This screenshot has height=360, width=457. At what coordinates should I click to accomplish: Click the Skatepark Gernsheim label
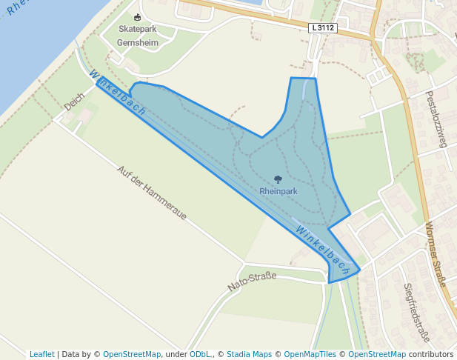(x=138, y=36)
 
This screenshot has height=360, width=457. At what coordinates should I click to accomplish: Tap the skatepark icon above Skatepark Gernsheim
(x=137, y=17)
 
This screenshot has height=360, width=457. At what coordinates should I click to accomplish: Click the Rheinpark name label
(x=278, y=190)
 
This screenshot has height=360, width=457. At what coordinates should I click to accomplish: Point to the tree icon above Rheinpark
(x=278, y=179)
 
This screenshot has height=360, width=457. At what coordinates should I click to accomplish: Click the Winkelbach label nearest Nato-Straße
(x=323, y=250)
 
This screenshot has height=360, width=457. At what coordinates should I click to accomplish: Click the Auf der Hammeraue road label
(x=152, y=193)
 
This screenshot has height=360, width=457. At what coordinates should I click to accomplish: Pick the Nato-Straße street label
(x=252, y=281)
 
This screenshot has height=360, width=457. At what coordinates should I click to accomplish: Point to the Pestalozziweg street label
(x=436, y=119)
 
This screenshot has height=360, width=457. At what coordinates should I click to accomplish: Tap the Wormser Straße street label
(x=436, y=255)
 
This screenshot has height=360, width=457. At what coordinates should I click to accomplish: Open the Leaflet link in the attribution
(x=42, y=354)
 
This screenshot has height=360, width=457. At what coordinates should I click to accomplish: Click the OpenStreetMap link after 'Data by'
(x=132, y=354)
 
